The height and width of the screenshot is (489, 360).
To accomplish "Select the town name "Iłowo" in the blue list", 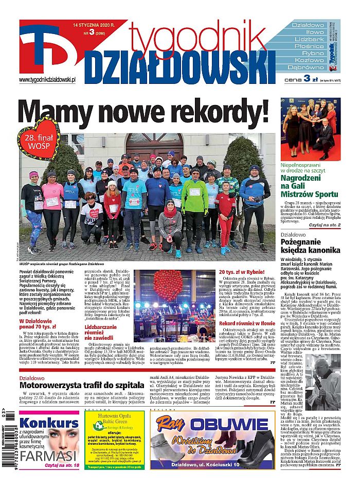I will pyautogui.click(x=308, y=32).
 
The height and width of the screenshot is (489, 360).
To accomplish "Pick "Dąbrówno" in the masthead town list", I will pyautogui.click(x=308, y=67).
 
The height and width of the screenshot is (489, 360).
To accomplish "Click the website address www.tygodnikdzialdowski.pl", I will pyautogui.click(x=47, y=80).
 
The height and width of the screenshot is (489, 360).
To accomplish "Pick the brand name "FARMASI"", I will pyautogui.click(x=43, y=456).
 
